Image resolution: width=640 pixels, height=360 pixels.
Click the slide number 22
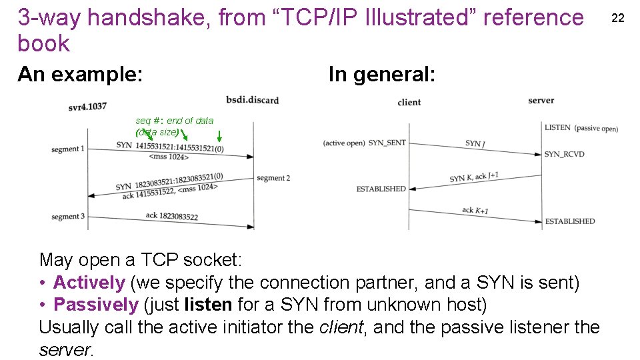[x=618, y=17]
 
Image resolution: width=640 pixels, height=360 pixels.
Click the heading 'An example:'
[x=80, y=74]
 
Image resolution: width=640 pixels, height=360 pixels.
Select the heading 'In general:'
[x=381, y=74]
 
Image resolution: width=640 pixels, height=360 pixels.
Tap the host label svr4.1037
[x=87, y=106]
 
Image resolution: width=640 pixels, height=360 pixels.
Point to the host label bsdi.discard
[x=252, y=100]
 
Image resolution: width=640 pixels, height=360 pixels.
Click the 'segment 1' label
[x=68, y=149]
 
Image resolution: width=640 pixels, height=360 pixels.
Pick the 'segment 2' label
[x=273, y=178]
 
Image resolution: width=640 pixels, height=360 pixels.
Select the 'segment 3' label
[x=68, y=216]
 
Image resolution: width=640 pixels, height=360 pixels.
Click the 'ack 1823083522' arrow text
[x=171, y=215]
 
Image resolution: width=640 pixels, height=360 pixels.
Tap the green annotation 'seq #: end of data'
[x=175, y=121]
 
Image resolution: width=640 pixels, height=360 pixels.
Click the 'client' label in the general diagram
[x=409, y=102]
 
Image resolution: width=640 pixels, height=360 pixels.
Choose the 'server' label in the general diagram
[x=541, y=101]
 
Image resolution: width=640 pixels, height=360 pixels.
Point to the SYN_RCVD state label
[x=564, y=154]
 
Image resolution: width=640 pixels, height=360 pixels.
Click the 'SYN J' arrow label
[x=475, y=143]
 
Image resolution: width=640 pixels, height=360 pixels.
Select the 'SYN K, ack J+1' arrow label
[x=474, y=177]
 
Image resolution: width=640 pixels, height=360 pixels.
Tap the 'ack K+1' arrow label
[x=475, y=211]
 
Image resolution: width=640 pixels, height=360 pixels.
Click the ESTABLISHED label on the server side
[x=570, y=221]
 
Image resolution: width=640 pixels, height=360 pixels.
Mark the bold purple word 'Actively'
[x=89, y=283]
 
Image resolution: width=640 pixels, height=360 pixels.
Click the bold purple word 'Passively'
[x=95, y=305]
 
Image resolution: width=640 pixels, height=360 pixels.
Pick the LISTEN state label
[x=557, y=127]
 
